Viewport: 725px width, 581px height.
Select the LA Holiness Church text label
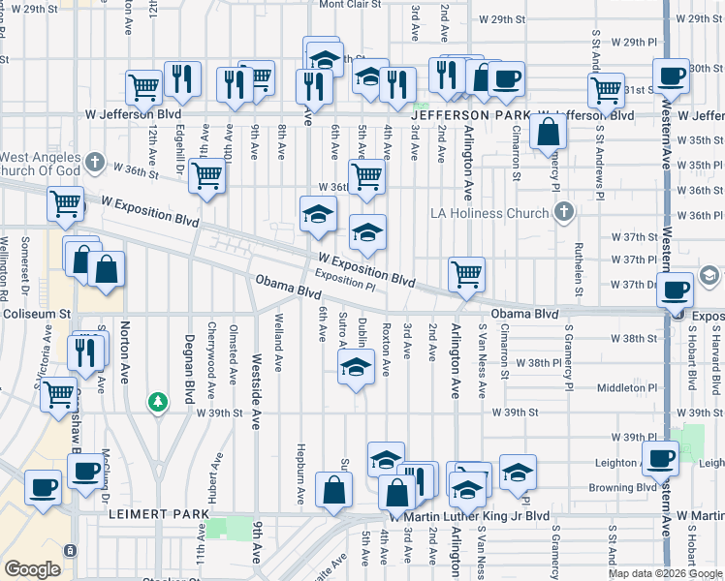click(x=494, y=213)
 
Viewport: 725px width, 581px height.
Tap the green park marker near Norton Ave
click(x=156, y=400)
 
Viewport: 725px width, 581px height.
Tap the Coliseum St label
click(x=36, y=313)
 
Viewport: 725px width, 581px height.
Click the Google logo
click(x=32, y=569)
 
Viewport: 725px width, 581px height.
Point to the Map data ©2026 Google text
click(x=664, y=573)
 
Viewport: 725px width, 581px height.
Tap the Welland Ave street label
click(x=278, y=352)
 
